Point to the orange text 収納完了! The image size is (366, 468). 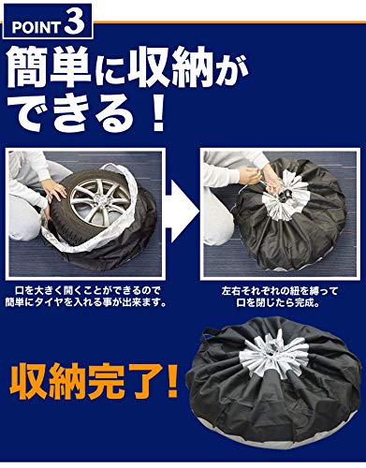(x=95, y=383)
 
